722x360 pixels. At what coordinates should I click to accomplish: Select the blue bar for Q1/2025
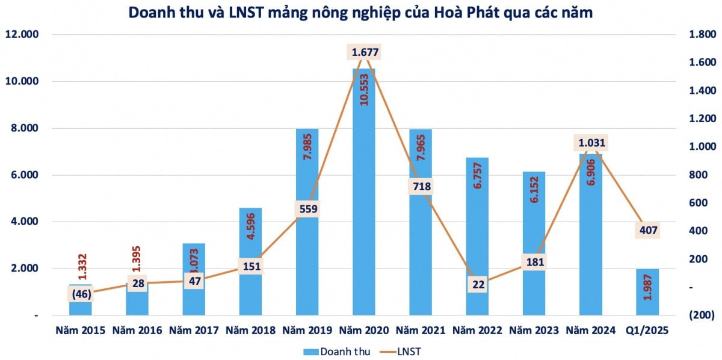pyautogui.click(x=647, y=292)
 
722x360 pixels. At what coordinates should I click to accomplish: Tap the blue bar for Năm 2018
pyautogui.click(x=250, y=289)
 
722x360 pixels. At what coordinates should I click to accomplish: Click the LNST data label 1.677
pyautogui.click(x=365, y=52)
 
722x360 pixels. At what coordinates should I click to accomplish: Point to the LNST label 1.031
pyautogui.click(x=592, y=143)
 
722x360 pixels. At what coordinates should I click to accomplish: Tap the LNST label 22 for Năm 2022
pyautogui.click(x=478, y=285)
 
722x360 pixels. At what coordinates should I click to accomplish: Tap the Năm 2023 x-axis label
pyautogui.click(x=534, y=331)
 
